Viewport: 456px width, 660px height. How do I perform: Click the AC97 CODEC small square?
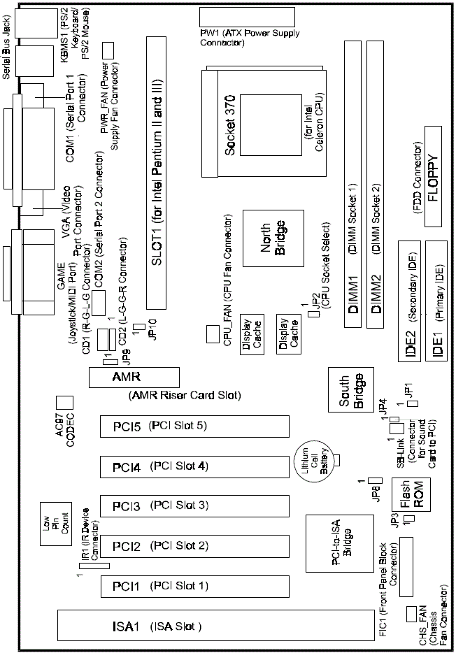pyautogui.click(x=64, y=402)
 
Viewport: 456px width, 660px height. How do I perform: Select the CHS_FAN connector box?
pyautogui.click(x=413, y=613)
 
